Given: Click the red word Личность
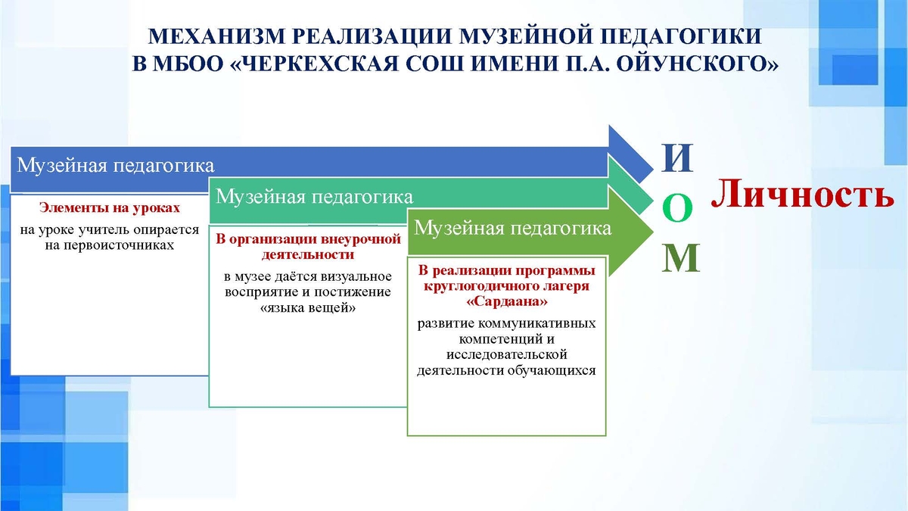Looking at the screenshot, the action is point(803,194).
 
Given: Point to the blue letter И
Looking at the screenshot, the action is point(677,158).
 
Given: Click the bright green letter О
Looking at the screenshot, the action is point(677,207).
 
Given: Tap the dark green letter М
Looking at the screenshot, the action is point(680,258).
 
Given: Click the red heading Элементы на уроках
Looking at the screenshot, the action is point(110,207).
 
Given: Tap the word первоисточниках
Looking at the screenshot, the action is point(110,245).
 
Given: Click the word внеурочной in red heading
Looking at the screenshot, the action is point(361,239).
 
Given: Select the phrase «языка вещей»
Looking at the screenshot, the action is point(308,308).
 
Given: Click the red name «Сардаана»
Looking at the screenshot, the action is point(507,301).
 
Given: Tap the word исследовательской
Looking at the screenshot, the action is point(507,354).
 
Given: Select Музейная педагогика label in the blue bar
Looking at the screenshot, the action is point(115,166).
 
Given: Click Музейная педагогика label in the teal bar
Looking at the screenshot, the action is point(314,197).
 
